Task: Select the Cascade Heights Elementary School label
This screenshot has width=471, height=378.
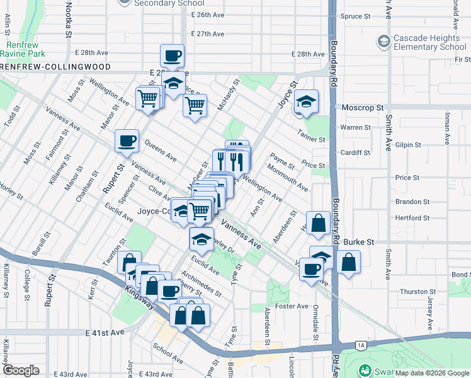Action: (x=430, y=42)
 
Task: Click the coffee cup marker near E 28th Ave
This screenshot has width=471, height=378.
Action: (x=173, y=57)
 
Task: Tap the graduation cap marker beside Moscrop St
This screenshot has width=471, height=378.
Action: (x=306, y=102)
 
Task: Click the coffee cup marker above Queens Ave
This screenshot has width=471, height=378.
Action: (x=127, y=140)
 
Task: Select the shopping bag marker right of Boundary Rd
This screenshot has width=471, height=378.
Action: (x=348, y=262)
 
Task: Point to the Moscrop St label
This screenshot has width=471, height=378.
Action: (x=362, y=108)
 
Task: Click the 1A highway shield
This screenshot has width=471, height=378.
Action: (x=360, y=345)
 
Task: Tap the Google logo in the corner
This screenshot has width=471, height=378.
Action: (x=21, y=370)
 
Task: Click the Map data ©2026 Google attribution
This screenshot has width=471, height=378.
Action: (x=431, y=373)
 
